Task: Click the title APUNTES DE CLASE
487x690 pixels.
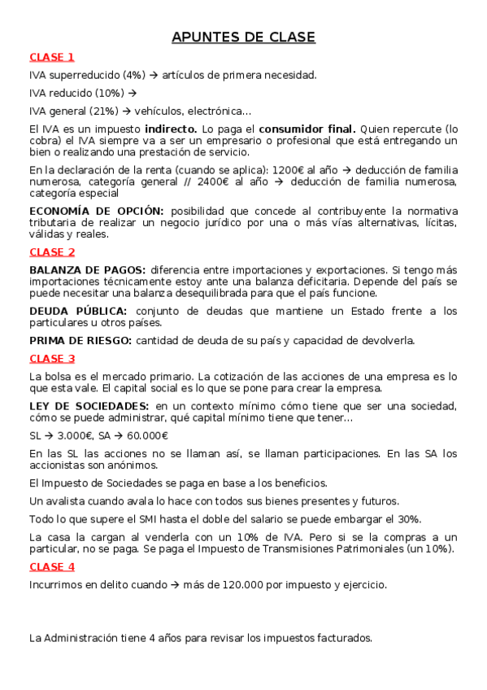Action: click(x=243, y=37)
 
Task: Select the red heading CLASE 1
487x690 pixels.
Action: click(x=52, y=57)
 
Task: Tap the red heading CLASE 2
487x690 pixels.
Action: click(x=52, y=252)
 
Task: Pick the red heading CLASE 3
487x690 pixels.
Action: click(x=52, y=359)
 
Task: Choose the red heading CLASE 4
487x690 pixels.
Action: click(x=52, y=566)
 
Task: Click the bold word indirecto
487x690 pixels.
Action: click(x=171, y=129)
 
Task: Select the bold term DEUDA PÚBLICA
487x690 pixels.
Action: click(x=78, y=311)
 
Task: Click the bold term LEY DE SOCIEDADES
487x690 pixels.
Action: click(x=89, y=406)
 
